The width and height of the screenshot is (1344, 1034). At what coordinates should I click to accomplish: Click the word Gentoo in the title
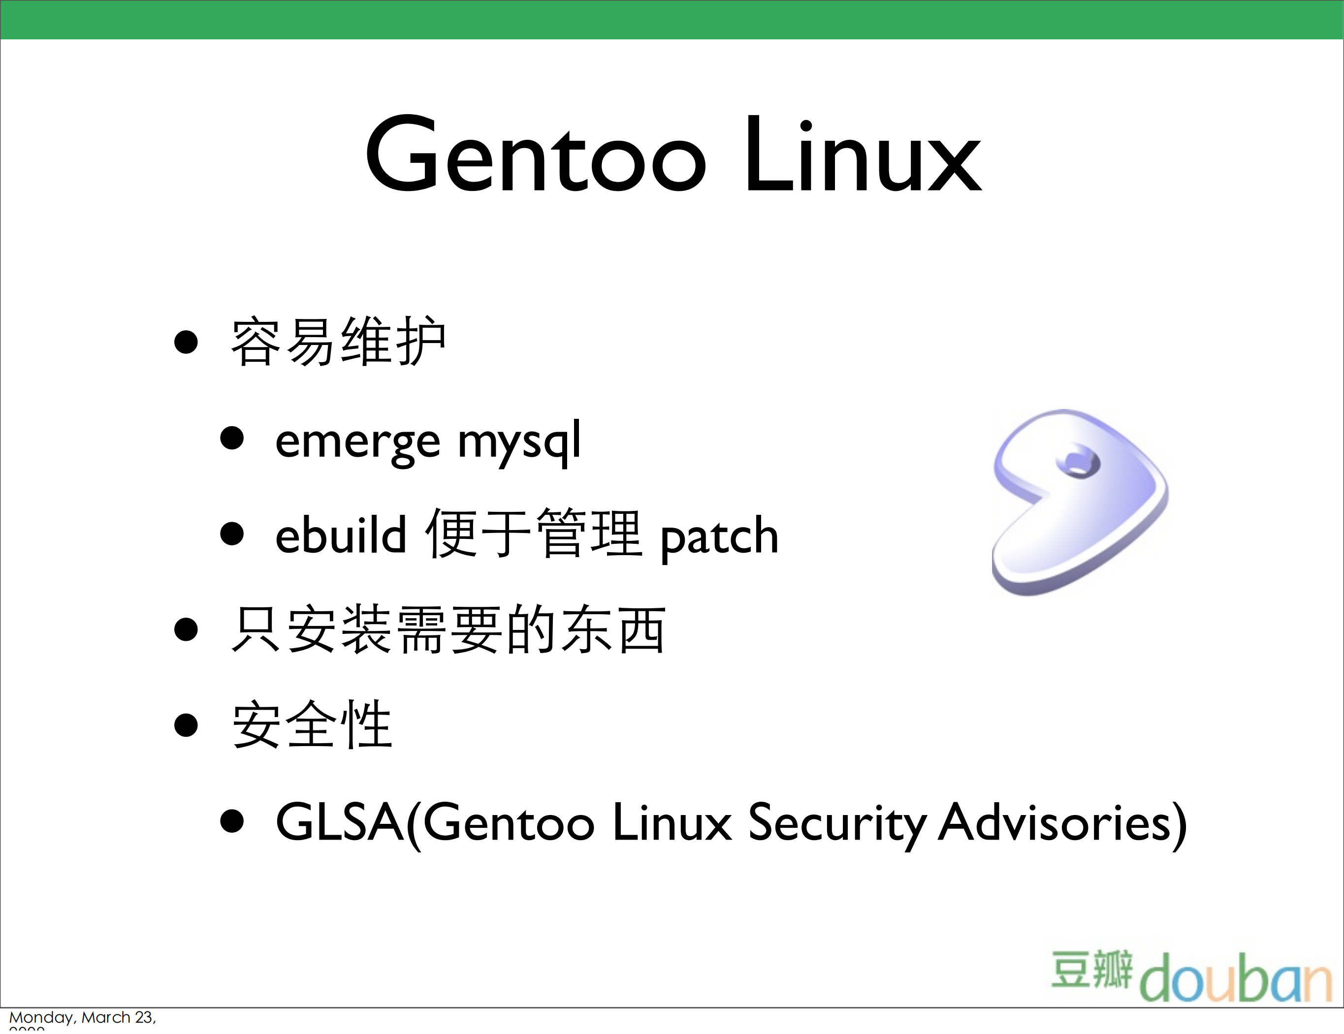point(536,154)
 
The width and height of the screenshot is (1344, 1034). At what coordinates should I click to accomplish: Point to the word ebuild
point(340,535)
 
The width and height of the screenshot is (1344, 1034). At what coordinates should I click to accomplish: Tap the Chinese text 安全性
point(312,724)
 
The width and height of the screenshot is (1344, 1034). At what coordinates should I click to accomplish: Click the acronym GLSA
point(339,822)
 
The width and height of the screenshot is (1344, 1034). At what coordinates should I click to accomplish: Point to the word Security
point(837,823)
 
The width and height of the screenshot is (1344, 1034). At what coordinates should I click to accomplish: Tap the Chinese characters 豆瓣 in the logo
point(1091,970)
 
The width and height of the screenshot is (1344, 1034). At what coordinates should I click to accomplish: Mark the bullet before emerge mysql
point(232,438)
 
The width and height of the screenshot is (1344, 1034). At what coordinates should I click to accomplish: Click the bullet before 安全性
point(186,724)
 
